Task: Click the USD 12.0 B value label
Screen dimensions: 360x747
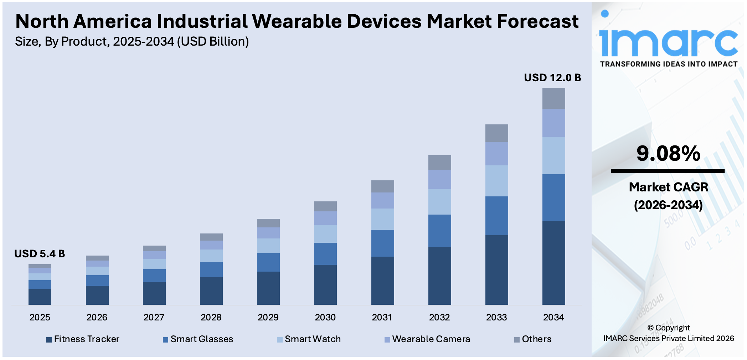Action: (552, 78)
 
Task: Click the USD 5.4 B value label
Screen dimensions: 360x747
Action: (40, 254)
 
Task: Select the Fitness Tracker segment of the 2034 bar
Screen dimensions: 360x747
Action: (553, 263)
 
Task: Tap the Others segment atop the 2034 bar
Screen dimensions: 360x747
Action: (553, 98)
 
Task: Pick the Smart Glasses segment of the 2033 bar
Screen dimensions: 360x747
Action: (496, 216)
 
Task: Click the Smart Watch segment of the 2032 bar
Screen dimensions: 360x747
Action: (439, 202)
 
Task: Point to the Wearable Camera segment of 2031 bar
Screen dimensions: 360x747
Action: (382, 200)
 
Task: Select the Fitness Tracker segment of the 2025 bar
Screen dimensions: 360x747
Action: (40, 297)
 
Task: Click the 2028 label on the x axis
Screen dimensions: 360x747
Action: (211, 317)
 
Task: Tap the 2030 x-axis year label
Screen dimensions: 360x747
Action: (325, 317)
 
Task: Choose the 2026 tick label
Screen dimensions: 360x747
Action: (97, 317)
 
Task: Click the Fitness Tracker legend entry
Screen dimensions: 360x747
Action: (83, 339)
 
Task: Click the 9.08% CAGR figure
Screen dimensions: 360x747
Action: (668, 154)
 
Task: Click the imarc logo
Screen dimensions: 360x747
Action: (668, 41)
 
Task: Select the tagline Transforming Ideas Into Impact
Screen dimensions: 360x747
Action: (669, 64)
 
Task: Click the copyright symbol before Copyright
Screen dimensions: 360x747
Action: (650, 328)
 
